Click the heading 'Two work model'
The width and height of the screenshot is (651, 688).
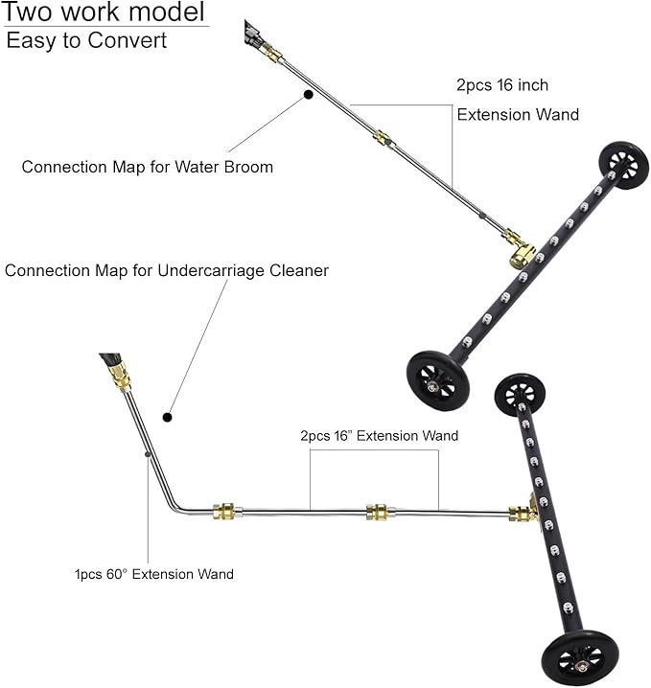pos(105,11)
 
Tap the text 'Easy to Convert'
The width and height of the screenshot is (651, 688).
pos(86,40)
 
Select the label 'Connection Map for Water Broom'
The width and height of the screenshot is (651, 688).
pos(148,167)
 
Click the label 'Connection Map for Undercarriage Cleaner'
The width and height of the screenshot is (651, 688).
pos(167,270)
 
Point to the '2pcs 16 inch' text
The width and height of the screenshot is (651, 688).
pos(502,84)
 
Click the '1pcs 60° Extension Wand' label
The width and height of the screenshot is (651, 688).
pos(154,574)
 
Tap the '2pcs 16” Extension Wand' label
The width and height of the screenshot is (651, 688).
pos(380,436)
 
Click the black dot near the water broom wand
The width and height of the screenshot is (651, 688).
pos(309,94)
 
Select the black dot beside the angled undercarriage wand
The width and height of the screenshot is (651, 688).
pos(167,417)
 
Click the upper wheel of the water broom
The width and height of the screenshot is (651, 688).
pos(624,165)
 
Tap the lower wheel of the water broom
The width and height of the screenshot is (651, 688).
pos(437,380)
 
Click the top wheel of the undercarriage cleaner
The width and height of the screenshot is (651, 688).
pos(520,395)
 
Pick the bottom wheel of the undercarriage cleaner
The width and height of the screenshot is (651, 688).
pos(580,657)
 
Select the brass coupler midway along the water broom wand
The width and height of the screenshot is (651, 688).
pos(384,139)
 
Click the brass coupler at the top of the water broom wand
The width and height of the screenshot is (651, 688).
pos(270,53)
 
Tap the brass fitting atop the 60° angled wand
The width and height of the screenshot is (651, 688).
pos(118,376)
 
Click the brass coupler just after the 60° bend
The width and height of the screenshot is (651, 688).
pos(224,511)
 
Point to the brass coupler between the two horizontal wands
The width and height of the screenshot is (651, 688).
pos(377,512)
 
